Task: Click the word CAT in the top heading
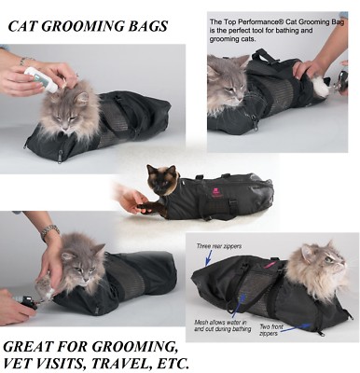pos(22,26)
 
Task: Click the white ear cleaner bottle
pos(41,79)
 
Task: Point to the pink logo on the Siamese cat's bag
pos(215,192)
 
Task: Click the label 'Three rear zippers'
pos(218,246)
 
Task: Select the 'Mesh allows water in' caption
pos(220,322)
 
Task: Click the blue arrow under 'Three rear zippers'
pos(209,257)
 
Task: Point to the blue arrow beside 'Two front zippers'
pos(296,327)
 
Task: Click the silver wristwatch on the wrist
pos(49,231)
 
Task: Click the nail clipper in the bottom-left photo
pos(27,301)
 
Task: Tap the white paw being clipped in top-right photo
pos(319,86)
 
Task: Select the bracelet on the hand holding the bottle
pos(25,61)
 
